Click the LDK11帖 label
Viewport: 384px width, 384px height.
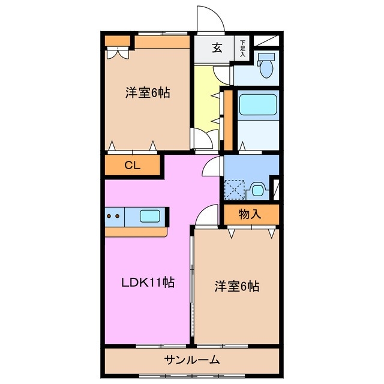point(149,283)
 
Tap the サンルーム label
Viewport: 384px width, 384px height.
point(192,360)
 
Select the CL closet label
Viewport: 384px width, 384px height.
point(133,166)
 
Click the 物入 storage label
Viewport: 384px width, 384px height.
point(250,214)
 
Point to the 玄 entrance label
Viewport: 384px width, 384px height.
point(217,49)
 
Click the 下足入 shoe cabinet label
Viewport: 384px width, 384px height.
point(242,49)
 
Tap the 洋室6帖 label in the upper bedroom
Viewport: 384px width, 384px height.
point(148,93)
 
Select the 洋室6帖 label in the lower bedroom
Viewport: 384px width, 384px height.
point(237,286)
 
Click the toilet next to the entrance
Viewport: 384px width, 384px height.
point(265,66)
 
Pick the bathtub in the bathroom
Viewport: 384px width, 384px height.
point(257,105)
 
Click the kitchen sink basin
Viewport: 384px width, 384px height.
point(150,215)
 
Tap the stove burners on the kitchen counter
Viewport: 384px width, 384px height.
point(115,215)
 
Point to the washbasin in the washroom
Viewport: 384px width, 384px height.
point(257,190)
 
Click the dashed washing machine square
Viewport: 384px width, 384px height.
point(234,190)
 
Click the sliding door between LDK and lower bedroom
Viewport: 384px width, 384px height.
point(192,288)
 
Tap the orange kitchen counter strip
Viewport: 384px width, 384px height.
point(135,231)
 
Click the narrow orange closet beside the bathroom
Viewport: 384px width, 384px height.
point(227,120)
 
